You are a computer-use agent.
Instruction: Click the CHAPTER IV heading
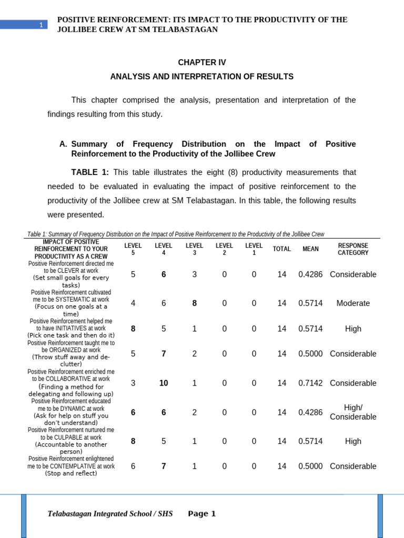[x=201, y=63]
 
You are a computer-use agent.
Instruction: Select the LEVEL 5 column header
[x=133, y=249]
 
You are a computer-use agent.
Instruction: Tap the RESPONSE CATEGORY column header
[x=353, y=249]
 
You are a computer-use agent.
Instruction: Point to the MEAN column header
[x=310, y=249]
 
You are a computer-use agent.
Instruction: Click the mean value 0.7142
[x=310, y=383]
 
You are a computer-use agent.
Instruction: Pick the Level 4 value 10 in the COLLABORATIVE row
[x=164, y=383]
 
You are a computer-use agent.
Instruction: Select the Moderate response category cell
[x=353, y=303]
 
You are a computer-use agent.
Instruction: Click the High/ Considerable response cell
[x=353, y=412]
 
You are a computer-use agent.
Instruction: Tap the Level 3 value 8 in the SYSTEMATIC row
[x=194, y=303]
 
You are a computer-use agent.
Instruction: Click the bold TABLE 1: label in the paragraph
[x=90, y=172]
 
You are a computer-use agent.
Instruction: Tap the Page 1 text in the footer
[x=201, y=514]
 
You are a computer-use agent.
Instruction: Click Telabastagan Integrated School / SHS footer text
[x=110, y=514]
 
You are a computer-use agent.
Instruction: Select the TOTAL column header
[x=282, y=249]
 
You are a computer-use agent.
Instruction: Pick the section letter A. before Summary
[x=64, y=144]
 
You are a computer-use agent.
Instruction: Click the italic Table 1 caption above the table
[x=176, y=234]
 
